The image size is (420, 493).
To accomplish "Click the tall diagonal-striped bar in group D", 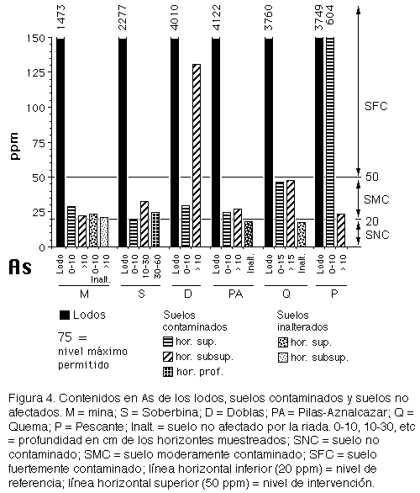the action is [197, 156].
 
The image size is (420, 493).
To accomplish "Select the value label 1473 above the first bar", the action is [60, 18].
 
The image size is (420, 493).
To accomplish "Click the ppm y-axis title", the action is [14, 146].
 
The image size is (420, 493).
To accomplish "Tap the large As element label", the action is [20, 268].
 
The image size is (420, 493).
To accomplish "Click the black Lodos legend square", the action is [65, 315].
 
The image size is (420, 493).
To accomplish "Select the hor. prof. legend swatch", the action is [168, 372].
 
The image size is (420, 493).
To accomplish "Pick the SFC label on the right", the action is [376, 106].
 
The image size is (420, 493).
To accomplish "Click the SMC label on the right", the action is [376, 199].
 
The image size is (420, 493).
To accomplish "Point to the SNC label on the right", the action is [377, 235].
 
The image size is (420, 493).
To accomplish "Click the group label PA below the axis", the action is [235, 294].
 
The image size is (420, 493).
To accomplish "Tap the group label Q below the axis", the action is [286, 294].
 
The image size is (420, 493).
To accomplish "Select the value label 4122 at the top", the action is [217, 18].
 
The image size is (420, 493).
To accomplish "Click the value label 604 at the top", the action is [330, 15].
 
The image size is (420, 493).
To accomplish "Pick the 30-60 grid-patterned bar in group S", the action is [155, 230].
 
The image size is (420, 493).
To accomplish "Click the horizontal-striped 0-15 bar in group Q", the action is [280, 215].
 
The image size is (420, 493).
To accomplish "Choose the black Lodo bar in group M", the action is [60, 142].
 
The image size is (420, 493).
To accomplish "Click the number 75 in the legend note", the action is [65, 337].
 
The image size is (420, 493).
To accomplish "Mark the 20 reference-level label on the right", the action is [372, 221].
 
